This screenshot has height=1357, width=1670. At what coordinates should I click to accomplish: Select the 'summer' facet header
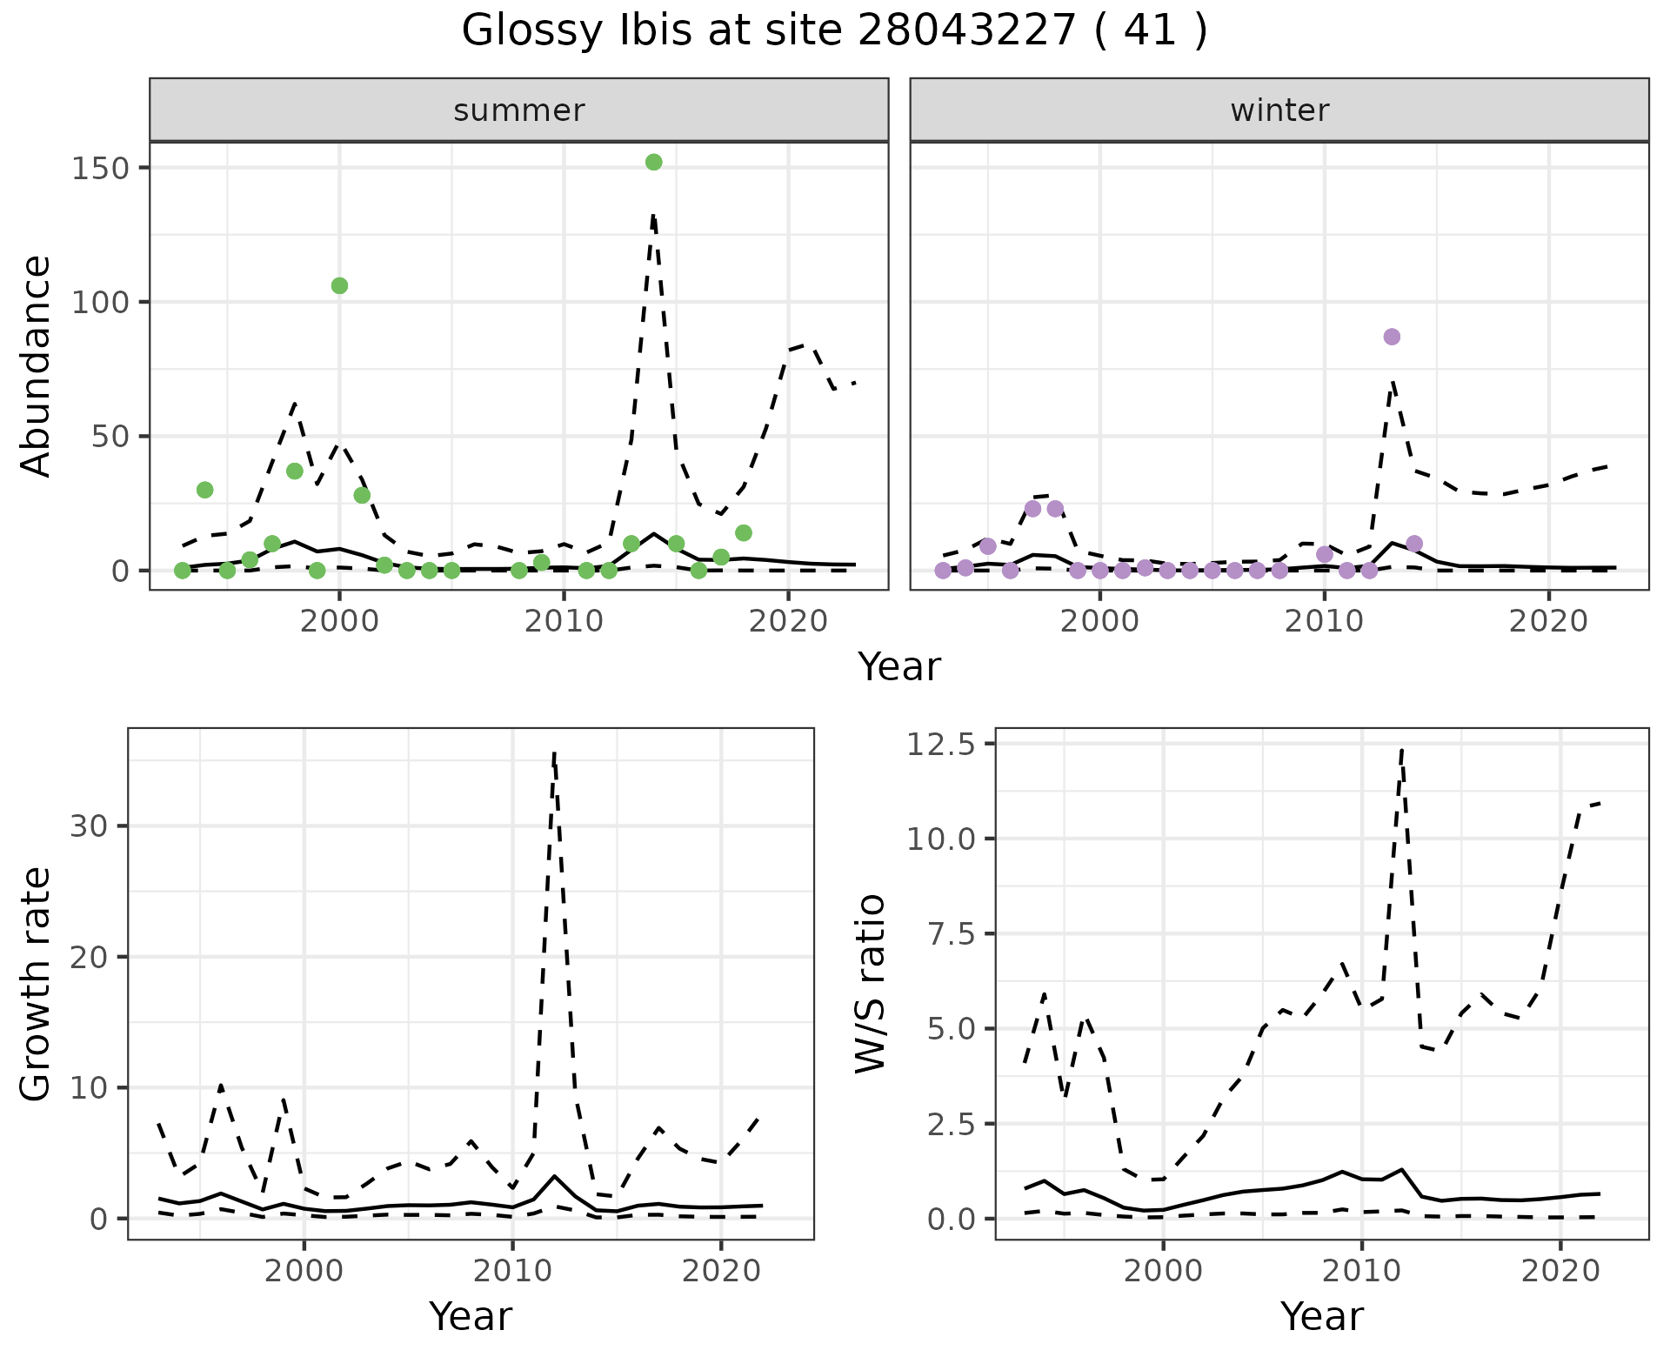[x=518, y=110]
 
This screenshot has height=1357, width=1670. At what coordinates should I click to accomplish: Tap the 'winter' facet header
[x=1279, y=110]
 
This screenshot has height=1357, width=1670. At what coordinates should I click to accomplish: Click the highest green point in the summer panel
[x=654, y=162]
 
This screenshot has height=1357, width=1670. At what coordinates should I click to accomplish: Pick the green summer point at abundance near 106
[x=339, y=285]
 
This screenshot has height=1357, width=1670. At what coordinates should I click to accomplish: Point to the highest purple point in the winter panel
[x=1392, y=337]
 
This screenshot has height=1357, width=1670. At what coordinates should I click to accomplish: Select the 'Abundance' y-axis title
[x=37, y=365]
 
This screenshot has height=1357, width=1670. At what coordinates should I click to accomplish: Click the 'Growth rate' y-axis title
[x=37, y=983]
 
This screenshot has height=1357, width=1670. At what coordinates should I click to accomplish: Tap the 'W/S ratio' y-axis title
[x=871, y=983]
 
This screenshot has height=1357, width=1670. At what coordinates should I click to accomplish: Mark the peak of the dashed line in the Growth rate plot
[x=554, y=753]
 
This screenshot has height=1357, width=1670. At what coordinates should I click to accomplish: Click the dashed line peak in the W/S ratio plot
[x=1402, y=748]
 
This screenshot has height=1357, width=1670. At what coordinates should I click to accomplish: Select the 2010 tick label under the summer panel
[x=564, y=621]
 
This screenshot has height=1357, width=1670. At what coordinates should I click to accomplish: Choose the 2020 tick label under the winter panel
[x=1548, y=621]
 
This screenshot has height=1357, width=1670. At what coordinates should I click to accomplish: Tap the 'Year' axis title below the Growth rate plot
[x=471, y=1316]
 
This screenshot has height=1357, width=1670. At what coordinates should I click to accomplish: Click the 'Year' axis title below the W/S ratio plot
[x=1321, y=1316]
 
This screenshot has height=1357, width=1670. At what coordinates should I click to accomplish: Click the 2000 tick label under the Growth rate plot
[x=304, y=1271]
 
